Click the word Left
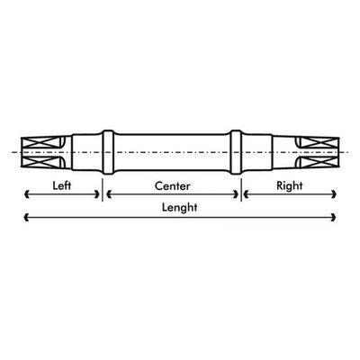pyautogui.click(x=62, y=185)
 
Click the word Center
pyautogui.click(x=173, y=186)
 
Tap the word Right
pyautogui.click(x=290, y=186)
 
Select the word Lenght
pyautogui.click(x=180, y=208)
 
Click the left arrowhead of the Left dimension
pyautogui.click(x=27, y=194)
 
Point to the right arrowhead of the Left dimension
pyautogui.click(x=97, y=194)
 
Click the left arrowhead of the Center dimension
pyautogui.click(x=109, y=194)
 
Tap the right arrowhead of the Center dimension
pyautogui.click(x=236, y=194)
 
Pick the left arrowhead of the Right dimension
pyautogui.click(x=246, y=194)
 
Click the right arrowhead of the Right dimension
pyautogui.click(x=333, y=194)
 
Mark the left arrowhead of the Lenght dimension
pyautogui.click(x=27, y=217)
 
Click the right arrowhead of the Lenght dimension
pyautogui.click(x=333, y=217)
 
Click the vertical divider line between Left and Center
pyautogui.click(x=103, y=190)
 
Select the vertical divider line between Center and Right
pyautogui.click(x=241, y=190)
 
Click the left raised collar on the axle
pyautogui.click(x=108, y=152)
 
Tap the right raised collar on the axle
pyautogui.click(x=236, y=152)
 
